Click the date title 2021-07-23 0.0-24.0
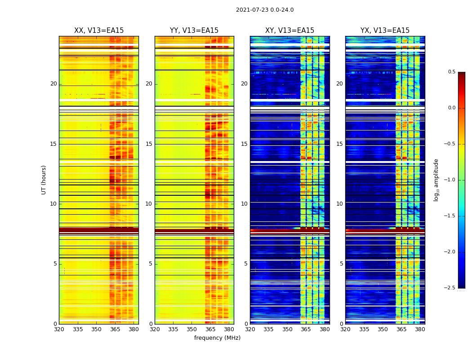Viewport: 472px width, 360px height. click(265, 10)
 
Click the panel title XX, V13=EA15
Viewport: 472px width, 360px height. click(99, 31)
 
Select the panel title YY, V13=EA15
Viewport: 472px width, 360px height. click(194, 31)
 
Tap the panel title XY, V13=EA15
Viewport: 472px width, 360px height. click(289, 31)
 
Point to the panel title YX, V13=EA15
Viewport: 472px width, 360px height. click(385, 31)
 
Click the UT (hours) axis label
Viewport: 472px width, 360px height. click(44, 180)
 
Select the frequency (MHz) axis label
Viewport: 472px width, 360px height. click(217, 338)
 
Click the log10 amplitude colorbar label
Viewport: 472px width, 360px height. click(436, 180)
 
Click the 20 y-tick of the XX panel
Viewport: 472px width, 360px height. click(54, 84)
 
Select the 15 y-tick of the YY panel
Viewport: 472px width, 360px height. click(149, 144)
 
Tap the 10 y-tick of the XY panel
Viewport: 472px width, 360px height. click(245, 204)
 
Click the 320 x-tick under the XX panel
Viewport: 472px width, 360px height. click(59, 329)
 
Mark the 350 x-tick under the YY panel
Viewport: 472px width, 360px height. click(192, 329)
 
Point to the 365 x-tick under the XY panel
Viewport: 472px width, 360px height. click(306, 329)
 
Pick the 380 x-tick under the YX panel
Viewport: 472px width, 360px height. click(420, 329)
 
